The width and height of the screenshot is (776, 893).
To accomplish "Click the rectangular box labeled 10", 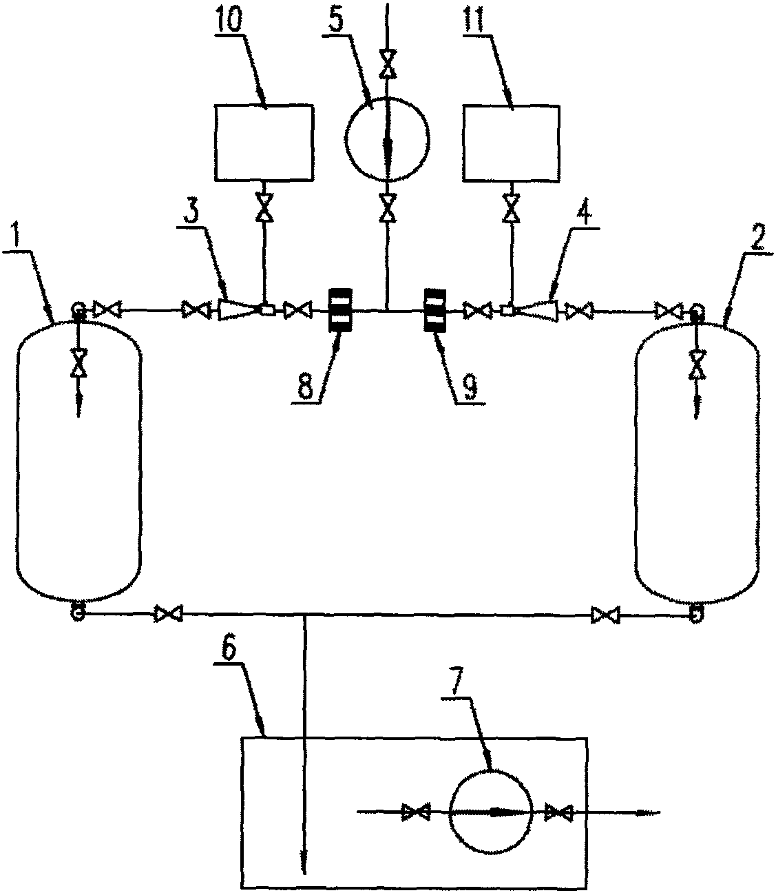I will (x=264, y=143).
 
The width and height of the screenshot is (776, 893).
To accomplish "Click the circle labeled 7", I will (x=491, y=812).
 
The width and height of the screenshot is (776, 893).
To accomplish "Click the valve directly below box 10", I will (x=263, y=207).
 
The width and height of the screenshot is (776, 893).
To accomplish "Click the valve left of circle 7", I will (x=415, y=812).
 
